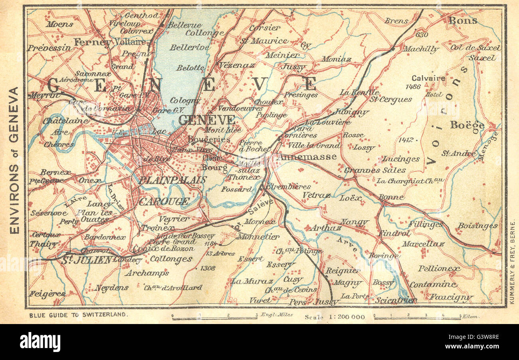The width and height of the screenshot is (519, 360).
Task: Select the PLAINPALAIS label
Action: [172, 180]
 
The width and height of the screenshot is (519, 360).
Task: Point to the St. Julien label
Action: [87, 260]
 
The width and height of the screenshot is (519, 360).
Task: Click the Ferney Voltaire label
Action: [110, 42]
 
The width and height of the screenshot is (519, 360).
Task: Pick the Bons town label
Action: [462, 20]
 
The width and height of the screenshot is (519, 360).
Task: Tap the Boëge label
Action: [467, 125]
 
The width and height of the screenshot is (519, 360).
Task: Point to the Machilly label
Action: [420, 49]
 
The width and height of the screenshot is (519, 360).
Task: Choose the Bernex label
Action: [55, 173]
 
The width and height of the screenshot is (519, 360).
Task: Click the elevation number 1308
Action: [208, 268]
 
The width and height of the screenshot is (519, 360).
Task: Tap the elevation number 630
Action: [422, 35]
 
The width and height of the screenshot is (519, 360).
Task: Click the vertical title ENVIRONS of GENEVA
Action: [14, 160]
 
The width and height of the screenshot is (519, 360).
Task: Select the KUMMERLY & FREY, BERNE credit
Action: [512, 263]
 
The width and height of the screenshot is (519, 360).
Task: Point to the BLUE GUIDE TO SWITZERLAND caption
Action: [79, 315]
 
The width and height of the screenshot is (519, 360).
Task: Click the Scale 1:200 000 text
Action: [335, 317]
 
